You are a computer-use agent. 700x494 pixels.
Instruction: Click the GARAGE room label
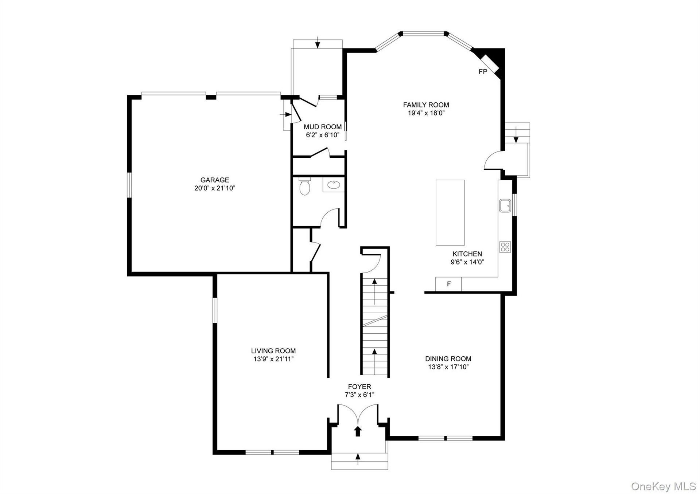point(215,180)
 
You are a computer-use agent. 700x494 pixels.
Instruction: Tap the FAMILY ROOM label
point(426,105)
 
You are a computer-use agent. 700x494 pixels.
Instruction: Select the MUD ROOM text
point(323,127)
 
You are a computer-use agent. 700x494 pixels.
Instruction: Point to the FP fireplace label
point(483,72)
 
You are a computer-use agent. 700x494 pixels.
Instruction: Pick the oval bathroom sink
point(333,185)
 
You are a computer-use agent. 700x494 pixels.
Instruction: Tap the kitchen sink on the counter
point(505,205)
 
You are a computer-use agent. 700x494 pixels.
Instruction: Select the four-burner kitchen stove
point(505,247)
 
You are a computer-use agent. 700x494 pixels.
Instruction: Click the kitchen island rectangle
point(450,212)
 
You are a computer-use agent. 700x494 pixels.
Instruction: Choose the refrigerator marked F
point(449,284)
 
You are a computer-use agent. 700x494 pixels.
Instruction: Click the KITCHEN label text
point(467,254)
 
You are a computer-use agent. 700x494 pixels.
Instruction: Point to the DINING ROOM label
point(448,359)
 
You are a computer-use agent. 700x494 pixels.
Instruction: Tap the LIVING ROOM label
point(273,351)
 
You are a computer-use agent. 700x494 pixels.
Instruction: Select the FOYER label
point(359,387)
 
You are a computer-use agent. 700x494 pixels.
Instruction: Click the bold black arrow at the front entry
point(358,431)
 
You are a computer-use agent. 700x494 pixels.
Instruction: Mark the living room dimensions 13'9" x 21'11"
point(273,359)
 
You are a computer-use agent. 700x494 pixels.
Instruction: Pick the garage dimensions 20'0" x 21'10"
point(215,188)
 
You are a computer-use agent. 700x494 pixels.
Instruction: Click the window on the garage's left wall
point(129,185)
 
